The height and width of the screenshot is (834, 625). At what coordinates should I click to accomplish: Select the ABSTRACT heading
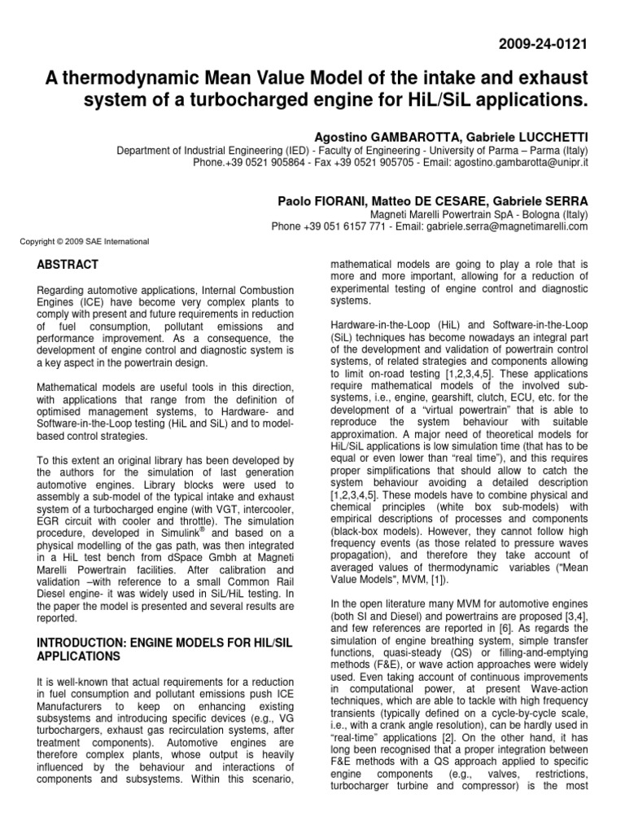[69, 265]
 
